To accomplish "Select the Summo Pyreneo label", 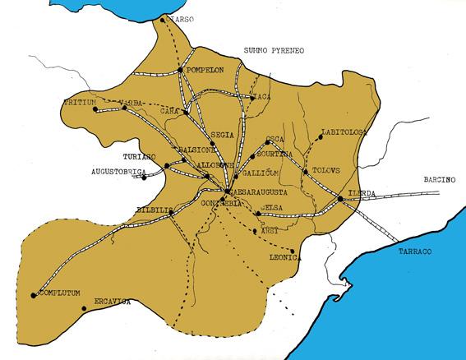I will (x=274, y=51).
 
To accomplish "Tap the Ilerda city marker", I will (x=340, y=198).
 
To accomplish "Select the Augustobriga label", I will (x=118, y=173).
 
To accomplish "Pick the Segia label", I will (x=223, y=134).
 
